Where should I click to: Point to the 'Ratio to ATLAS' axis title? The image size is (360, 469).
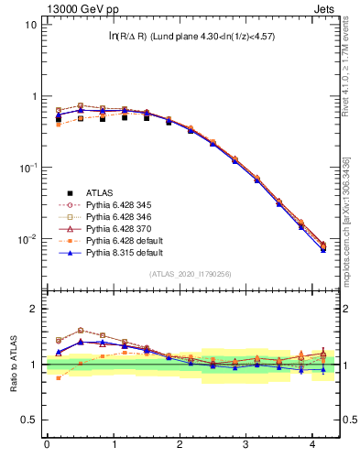12,364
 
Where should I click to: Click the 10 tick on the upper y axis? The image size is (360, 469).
30,25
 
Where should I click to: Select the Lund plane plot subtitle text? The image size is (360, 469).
191,37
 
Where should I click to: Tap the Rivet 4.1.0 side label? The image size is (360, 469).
346,60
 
